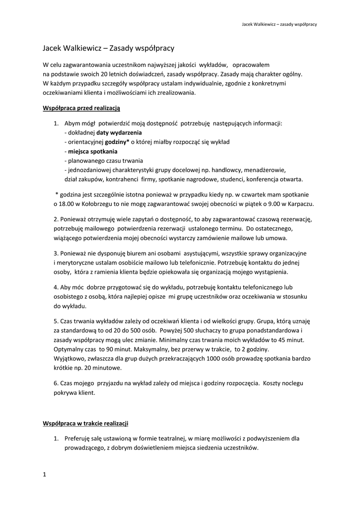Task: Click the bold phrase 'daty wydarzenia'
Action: [x=119, y=133]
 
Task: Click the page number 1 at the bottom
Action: [x=45, y=475]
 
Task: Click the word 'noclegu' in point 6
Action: [x=292, y=383]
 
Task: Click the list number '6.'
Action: [x=56, y=383]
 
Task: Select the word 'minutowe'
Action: [x=101, y=368]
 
